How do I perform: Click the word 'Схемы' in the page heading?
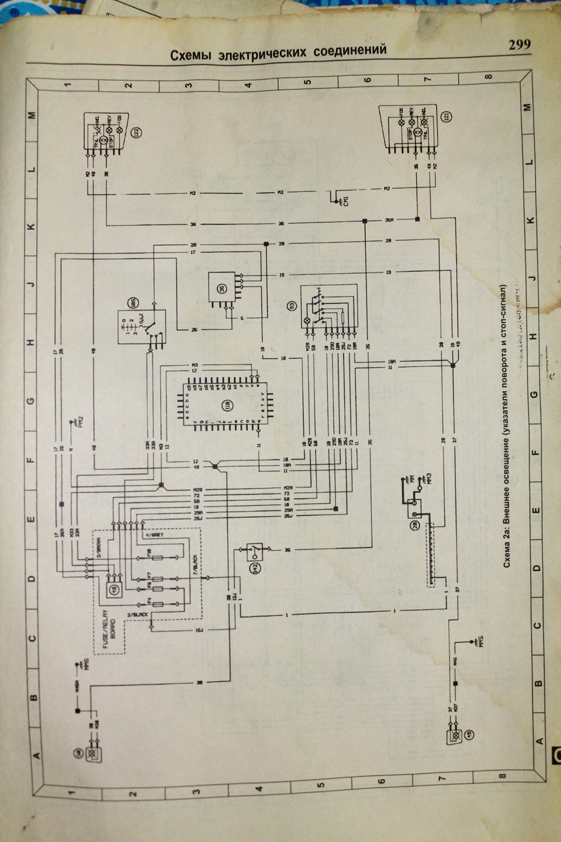pyautogui.click(x=192, y=55)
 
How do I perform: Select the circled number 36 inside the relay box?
pyautogui.click(x=222, y=289)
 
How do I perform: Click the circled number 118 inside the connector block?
pyautogui.click(x=226, y=404)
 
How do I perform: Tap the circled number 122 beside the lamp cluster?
pyautogui.click(x=137, y=133)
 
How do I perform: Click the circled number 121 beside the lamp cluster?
pyautogui.click(x=447, y=118)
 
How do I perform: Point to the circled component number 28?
pyautogui.click(x=415, y=525)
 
